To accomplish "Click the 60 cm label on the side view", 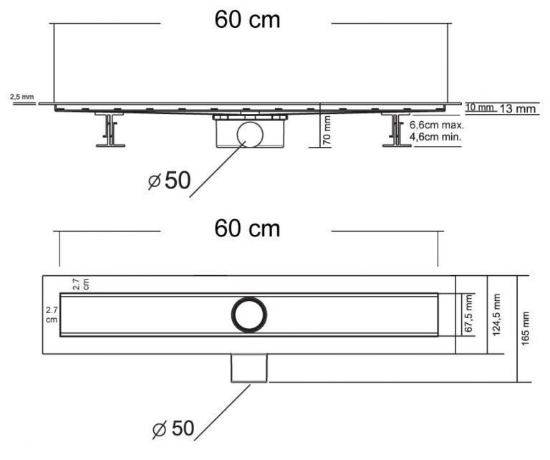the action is click(247, 19).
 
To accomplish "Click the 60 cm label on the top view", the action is click(247, 229).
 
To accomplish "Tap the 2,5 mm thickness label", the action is click(22, 97).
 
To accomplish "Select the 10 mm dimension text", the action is click(480, 107).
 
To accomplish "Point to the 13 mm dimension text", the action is click(518, 109).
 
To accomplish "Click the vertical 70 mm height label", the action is click(327, 130).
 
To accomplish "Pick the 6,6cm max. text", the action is click(437, 125).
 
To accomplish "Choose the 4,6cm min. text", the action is click(435, 136).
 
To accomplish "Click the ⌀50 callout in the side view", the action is click(170, 181).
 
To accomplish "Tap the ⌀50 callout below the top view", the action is click(173, 428).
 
